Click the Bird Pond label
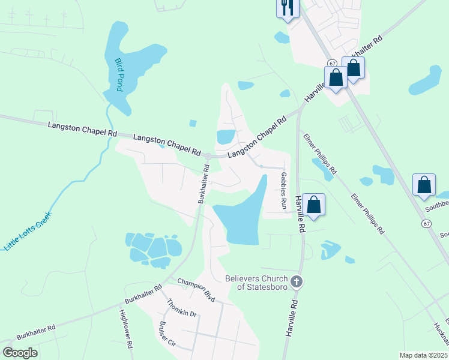click(x=119, y=74)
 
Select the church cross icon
click(x=296, y=281)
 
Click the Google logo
click(x=20, y=353)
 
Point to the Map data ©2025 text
click(x=423, y=355)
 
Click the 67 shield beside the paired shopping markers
click(x=332, y=63)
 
